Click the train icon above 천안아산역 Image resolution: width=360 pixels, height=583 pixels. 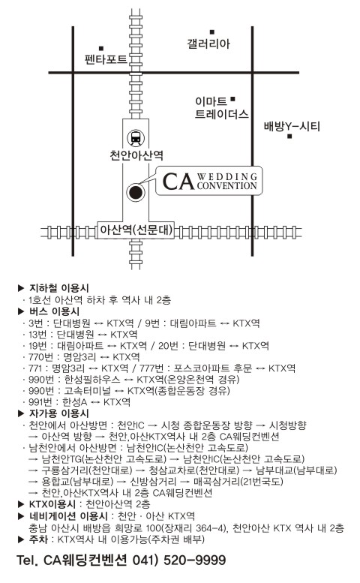136,138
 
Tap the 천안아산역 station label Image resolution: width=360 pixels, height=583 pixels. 136,155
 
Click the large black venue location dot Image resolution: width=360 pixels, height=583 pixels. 135,192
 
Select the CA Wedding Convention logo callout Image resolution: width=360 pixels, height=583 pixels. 209,181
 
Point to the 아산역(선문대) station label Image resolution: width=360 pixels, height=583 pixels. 136,230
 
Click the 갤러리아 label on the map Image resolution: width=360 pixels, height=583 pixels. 208,44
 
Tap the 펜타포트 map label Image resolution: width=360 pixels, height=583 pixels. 106,59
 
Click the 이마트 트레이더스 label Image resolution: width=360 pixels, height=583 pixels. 221,107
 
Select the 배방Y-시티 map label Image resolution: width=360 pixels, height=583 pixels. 292,126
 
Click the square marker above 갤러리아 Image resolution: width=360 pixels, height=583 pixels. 212,32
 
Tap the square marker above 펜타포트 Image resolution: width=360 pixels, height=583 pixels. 101,48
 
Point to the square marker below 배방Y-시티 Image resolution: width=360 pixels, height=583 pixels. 289,137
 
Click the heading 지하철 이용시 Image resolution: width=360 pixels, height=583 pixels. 59,288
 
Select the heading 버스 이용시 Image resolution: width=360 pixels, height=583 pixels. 54,311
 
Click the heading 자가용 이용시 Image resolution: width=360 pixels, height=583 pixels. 59,413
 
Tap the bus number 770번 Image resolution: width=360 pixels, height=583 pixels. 40,357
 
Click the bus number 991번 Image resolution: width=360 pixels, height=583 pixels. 40,402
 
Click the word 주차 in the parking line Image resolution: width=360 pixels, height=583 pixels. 38,539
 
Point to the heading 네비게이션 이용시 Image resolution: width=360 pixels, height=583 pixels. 68,515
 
